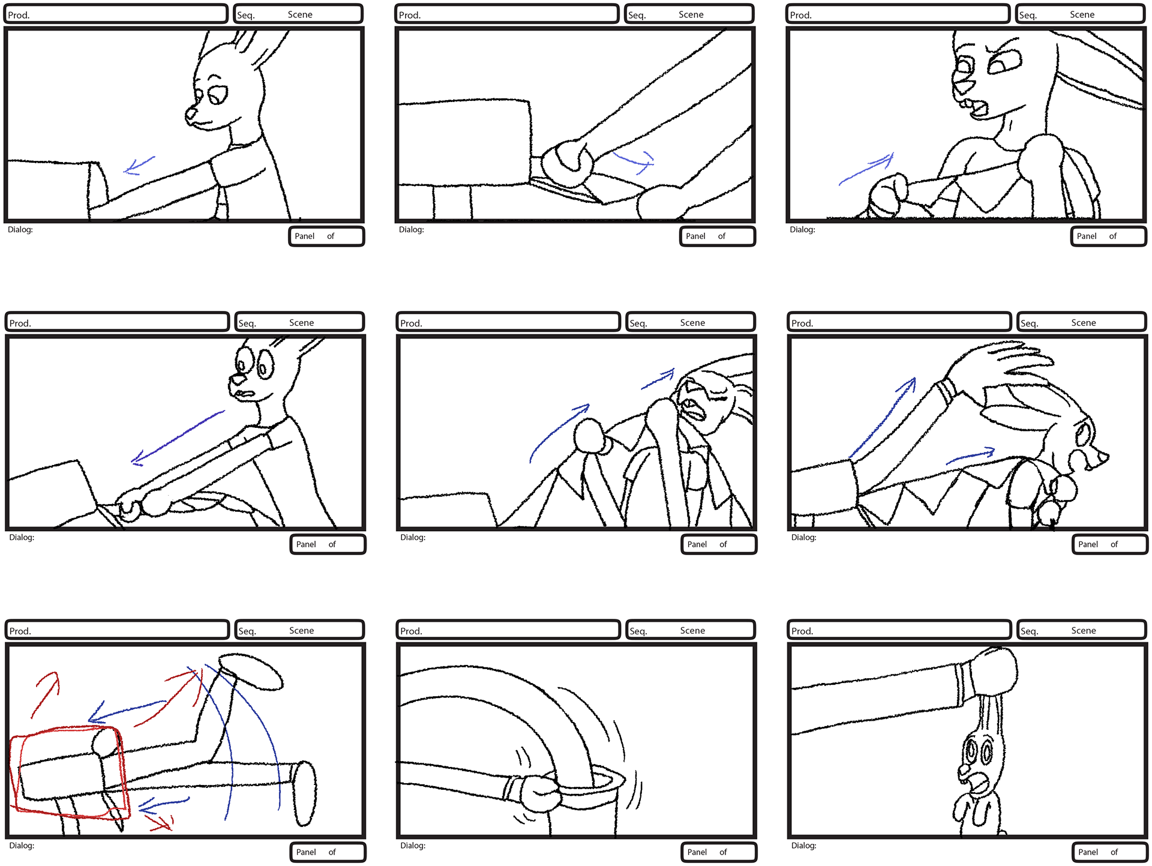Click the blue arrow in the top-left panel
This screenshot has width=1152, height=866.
pyautogui.click(x=139, y=164)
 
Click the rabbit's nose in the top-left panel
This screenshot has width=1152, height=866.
pyautogui.click(x=190, y=113)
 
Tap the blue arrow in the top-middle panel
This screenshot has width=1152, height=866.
pyautogui.click(x=633, y=160)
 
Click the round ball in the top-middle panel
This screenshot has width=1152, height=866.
pyautogui.click(x=566, y=164)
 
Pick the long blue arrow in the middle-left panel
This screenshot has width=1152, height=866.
pyautogui.click(x=178, y=438)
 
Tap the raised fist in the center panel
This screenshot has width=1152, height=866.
pyautogui.click(x=589, y=435)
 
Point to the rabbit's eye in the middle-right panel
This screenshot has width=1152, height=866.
pyautogui.click(x=1084, y=432)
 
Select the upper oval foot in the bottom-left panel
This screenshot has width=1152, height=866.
pyautogui.click(x=251, y=671)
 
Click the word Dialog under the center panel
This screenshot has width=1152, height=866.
pyautogui.click(x=413, y=537)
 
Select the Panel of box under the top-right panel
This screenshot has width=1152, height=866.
pyautogui.click(x=1108, y=236)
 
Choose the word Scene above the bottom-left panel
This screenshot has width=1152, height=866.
pyautogui.click(x=301, y=630)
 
